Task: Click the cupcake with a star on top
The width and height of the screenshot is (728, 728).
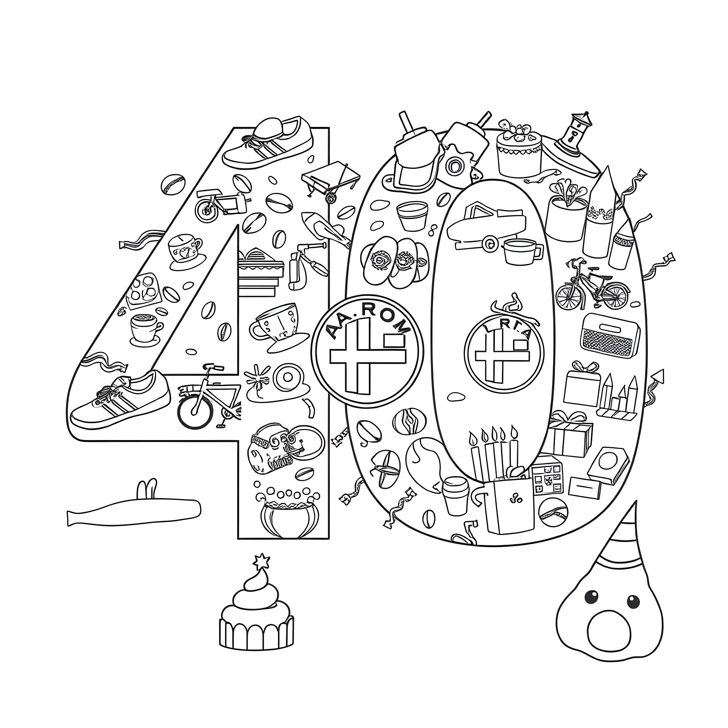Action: point(256,616)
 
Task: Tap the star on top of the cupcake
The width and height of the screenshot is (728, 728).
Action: point(261,563)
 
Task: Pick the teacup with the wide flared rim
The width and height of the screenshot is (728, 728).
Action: point(277,326)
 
